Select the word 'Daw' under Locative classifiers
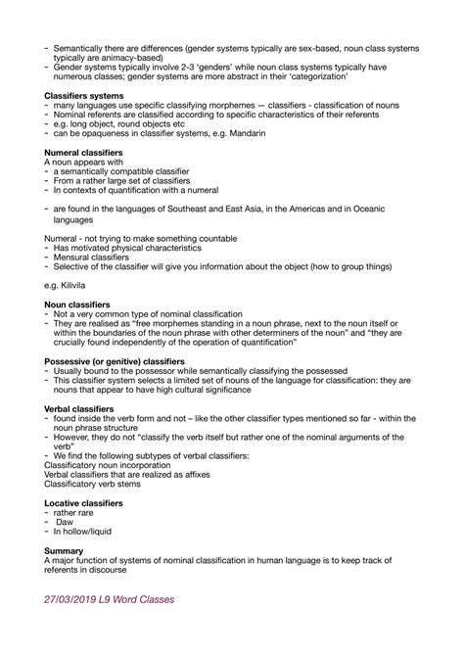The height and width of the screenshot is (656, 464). [x=65, y=522]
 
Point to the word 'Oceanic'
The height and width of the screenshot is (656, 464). [x=402, y=209]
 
